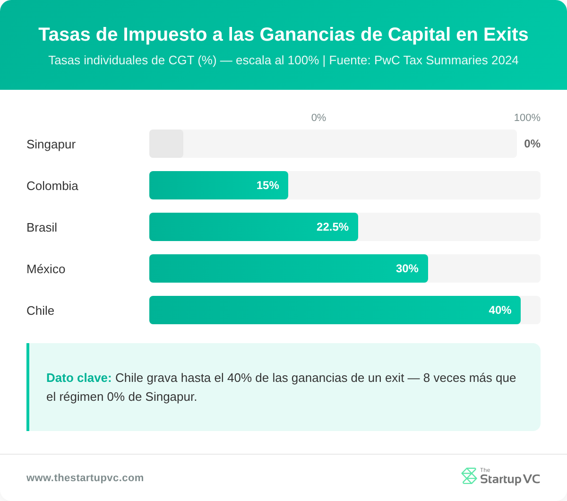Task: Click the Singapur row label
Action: point(51,144)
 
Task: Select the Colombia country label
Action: point(52,186)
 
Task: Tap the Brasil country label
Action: point(42,227)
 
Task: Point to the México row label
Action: point(46,269)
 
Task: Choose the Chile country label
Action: point(40,311)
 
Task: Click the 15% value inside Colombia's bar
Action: point(267,185)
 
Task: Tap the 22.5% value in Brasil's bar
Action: point(332,227)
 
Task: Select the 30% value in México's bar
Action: point(407,268)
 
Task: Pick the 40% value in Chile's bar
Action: point(500,310)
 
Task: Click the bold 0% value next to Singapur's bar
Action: point(532,144)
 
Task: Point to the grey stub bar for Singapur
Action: point(166,144)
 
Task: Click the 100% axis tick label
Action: point(527,118)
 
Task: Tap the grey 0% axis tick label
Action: point(318,118)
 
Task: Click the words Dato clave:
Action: point(79,378)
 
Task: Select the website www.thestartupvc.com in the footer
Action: point(85,478)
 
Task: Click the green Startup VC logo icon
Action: point(469,476)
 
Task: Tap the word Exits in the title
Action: point(506,35)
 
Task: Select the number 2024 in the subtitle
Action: point(505,60)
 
